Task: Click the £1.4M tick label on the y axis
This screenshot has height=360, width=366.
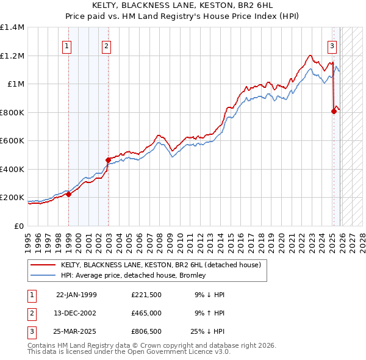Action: click(12, 27)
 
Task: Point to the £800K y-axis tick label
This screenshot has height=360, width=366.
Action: click(12, 112)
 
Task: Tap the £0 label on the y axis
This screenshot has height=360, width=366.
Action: click(20, 226)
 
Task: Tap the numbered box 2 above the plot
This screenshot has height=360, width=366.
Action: click(106, 45)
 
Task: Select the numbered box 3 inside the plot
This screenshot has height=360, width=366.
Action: click(332, 45)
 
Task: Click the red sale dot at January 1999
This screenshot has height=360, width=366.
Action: click(68, 195)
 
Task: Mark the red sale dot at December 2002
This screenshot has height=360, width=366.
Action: click(108, 160)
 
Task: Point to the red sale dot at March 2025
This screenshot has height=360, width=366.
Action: click(334, 111)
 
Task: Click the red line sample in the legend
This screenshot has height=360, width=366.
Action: click(44, 265)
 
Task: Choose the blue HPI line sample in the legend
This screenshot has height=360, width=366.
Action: click(44, 275)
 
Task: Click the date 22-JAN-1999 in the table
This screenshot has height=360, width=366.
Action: click(76, 295)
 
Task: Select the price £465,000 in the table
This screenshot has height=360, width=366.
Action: click(147, 313)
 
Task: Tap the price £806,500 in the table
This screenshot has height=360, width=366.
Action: click(147, 331)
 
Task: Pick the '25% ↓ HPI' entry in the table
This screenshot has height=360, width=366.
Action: click(208, 331)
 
